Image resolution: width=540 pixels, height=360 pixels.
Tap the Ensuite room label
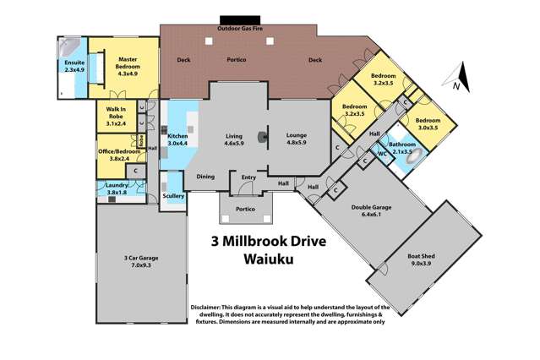(x=74, y=65)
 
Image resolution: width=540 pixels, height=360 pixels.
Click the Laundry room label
(x=116, y=188)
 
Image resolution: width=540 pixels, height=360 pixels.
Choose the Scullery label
(x=172, y=196)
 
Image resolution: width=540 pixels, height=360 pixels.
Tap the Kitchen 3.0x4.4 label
(x=177, y=139)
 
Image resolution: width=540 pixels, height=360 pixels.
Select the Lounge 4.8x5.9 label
(x=297, y=139)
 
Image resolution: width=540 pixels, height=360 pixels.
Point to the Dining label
(x=205, y=177)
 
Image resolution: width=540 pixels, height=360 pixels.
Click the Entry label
(x=248, y=177)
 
